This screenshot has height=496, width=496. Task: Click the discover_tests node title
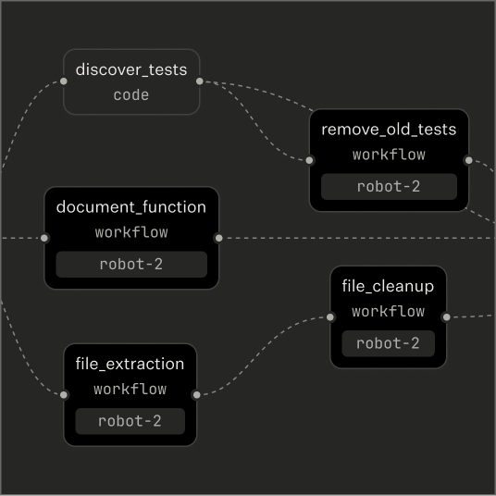point(131,69)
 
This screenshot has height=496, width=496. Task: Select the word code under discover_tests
point(131,94)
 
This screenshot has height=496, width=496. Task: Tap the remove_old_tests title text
point(389,130)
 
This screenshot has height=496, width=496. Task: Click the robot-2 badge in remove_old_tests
point(389,186)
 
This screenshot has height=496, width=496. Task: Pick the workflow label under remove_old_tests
point(389,155)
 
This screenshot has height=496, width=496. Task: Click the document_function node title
point(131,207)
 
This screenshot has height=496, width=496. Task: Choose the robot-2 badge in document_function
point(131,264)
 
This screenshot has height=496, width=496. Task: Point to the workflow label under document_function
point(131,232)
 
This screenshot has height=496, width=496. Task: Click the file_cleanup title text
point(388,286)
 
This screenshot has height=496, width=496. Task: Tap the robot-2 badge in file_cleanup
point(388,343)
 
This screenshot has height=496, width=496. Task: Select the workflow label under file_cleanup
point(388,312)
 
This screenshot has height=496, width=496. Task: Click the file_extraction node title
point(130,364)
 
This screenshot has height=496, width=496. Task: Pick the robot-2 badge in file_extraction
point(130,421)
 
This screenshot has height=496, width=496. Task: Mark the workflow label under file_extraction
point(130,390)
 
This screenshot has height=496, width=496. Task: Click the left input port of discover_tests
point(64,81)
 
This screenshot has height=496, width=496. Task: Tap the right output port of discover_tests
point(200,81)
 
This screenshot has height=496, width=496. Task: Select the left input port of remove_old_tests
point(310,160)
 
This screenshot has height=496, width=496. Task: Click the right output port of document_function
point(218,238)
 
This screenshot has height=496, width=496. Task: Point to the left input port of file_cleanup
point(330,317)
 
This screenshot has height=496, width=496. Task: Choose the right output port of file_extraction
point(196,395)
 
